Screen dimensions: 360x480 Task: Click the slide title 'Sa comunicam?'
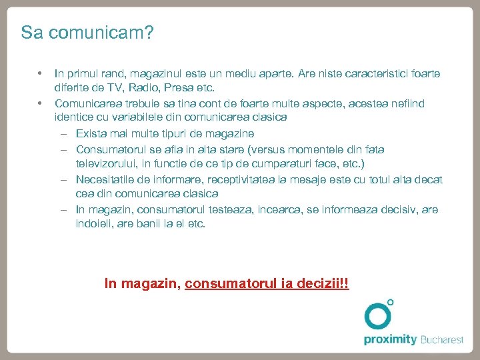87,33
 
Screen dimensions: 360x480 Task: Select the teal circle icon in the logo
378,315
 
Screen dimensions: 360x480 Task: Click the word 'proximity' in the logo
390,339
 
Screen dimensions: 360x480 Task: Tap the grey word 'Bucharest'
441,339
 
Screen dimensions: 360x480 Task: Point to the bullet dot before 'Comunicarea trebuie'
40,103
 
